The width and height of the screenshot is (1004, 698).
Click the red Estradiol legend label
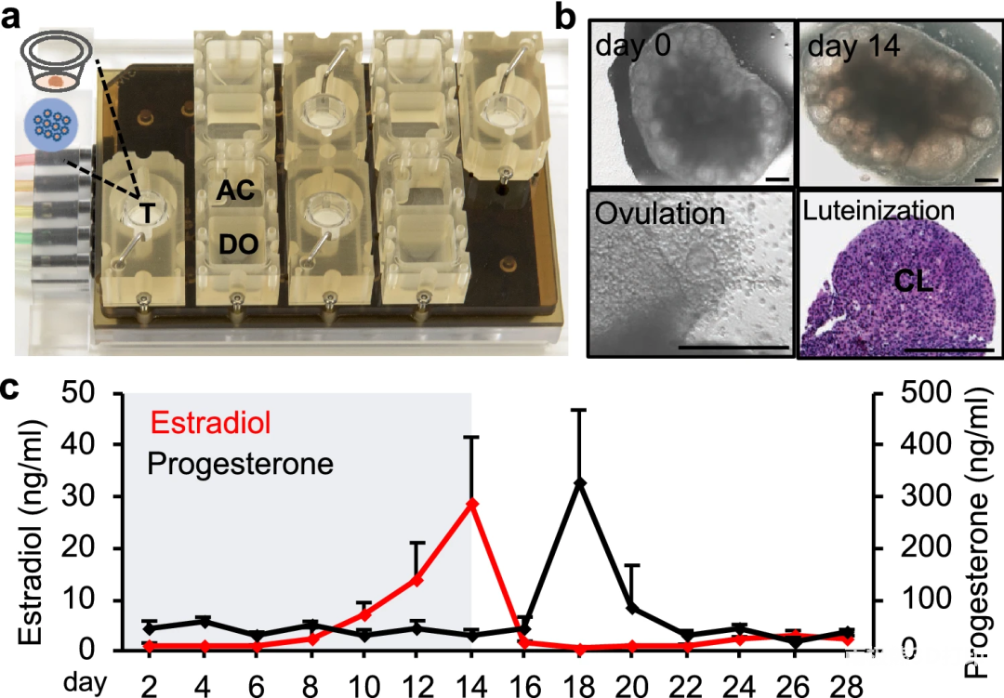(211, 423)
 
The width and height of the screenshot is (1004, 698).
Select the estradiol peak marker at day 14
(471, 504)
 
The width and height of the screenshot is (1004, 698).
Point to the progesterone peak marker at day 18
(580, 482)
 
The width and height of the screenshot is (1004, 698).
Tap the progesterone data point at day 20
(633, 608)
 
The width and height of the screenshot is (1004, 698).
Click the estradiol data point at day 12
(416, 580)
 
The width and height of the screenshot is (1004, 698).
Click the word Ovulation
(660, 213)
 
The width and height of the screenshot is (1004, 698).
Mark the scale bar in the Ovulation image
(733, 345)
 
